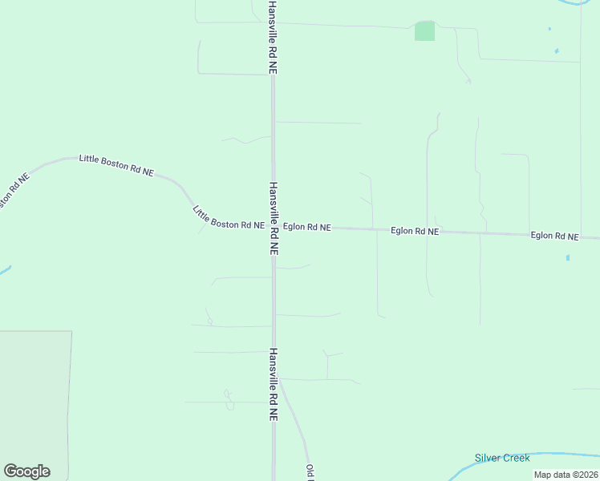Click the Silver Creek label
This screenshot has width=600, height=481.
point(501,458)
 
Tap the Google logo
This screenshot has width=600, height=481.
point(26,471)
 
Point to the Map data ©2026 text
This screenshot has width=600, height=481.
point(565,475)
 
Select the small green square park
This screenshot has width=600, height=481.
point(424,31)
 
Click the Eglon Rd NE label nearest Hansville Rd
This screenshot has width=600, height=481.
point(306,227)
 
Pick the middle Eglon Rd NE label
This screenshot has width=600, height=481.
point(415,231)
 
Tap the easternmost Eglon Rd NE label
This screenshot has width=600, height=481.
point(554,236)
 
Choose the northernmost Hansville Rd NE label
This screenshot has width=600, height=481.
point(273,38)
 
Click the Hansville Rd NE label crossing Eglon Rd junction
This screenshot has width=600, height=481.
point(273,218)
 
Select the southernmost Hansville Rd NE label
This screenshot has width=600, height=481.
point(273,384)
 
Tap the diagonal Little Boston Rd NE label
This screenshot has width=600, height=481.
point(229,217)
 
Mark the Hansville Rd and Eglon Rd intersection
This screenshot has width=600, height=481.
point(273,227)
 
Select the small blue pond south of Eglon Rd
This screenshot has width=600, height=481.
point(567,258)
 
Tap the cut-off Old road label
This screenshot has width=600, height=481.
point(309,472)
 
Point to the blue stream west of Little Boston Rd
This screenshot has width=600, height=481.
point(4,269)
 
